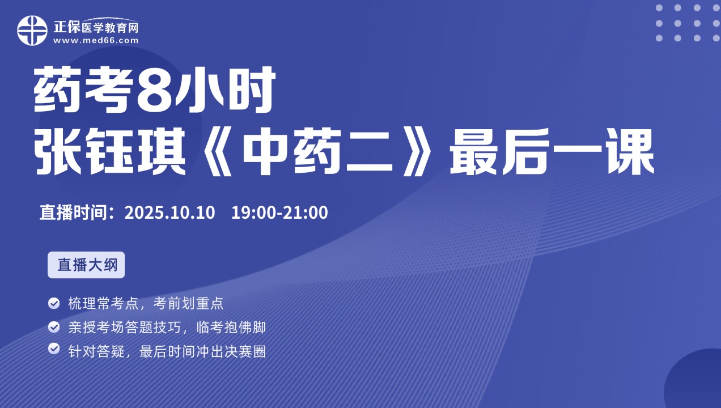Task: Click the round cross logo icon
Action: [x=32, y=31]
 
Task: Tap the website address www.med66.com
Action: [x=96, y=41]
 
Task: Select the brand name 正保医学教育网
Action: [x=96, y=27]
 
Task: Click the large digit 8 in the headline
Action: [x=154, y=90]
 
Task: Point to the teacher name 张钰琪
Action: [x=110, y=151]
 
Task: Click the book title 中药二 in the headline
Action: [x=317, y=151]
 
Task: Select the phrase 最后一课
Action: [x=552, y=151]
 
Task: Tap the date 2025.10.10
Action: [x=169, y=212]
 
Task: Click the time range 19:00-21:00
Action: [x=279, y=212]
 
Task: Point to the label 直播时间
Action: [x=73, y=212]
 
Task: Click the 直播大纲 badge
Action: [x=86, y=265]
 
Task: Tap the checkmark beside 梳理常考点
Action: [x=54, y=303]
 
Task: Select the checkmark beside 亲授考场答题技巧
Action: [x=54, y=327]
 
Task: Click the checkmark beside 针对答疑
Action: [x=54, y=348]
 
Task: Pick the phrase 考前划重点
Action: [x=188, y=303]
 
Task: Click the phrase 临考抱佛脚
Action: [x=231, y=328]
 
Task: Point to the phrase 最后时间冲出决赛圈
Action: [x=203, y=352]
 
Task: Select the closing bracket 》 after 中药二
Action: [x=417, y=152]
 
